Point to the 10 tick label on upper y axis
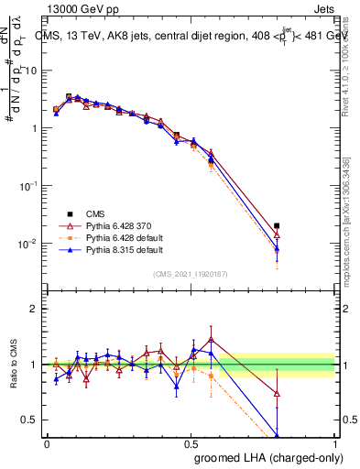tap(32, 71)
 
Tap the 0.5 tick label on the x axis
tap(191, 443)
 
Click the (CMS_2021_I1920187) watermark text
tap(191, 274)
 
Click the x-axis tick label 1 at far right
tap(334, 443)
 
